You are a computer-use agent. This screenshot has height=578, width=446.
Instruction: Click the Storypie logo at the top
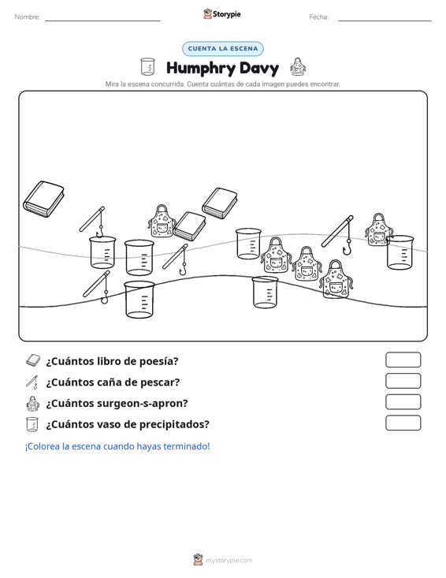coord(222,14)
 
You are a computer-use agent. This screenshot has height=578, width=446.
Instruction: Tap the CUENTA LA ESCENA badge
coord(223,49)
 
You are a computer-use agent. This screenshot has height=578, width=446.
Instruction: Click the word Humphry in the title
coord(201,69)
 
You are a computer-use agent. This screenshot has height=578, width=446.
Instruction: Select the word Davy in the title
coord(259,68)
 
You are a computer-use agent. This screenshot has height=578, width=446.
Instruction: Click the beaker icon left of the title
coord(147,67)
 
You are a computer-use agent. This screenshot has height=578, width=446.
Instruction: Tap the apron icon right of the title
coord(298,67)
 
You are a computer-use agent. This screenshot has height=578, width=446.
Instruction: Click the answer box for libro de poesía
coord(403,360)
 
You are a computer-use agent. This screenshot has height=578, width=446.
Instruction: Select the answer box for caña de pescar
coord(403,381)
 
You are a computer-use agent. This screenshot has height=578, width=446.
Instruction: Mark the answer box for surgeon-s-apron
coord(403,402)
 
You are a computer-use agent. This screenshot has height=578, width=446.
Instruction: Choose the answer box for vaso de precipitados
coord(403,423)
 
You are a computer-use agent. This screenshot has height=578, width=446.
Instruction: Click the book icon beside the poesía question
coord(33,360)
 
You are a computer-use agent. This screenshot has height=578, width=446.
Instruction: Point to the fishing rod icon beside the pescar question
coord(32,382)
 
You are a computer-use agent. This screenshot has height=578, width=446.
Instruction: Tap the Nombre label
coord(28,17)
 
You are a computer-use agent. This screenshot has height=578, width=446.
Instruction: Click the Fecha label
coord(319,17)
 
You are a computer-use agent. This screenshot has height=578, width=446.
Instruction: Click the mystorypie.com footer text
coord(229,561)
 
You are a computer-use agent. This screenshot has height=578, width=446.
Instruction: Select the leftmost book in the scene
coord(44,199)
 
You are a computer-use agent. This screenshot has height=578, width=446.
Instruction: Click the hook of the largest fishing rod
coord(347,248)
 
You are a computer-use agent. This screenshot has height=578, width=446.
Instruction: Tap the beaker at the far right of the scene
coord(400,252)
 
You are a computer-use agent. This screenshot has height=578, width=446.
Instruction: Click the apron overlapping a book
coord(161,221)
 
